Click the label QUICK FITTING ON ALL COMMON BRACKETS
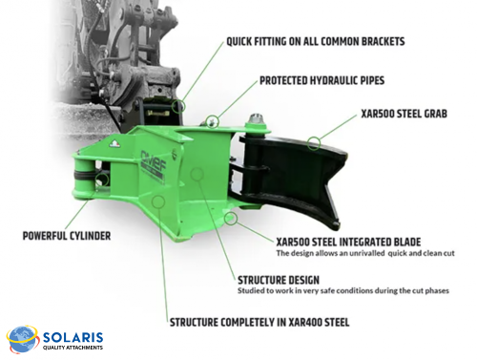pyautogui.click(x=315, y=42)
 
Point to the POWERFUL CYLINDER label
pyautogui.click(x=67, y=234)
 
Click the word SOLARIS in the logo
pyautogui.click(x=72, y=336)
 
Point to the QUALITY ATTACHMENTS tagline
pyautogui.click(x=73, y=348)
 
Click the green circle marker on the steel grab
pyautogui.click(x=314, y=143)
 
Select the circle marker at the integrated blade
pyautogui.click(x=231, y=219)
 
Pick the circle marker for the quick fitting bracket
pyautogui.click(x=179, y=104)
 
